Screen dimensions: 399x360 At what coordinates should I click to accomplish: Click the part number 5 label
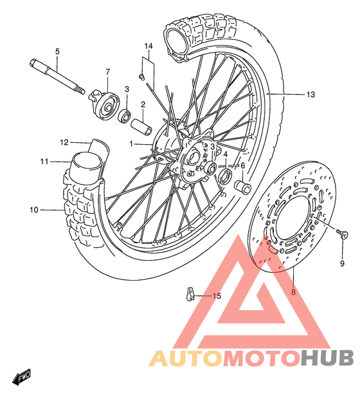tap(57, 51)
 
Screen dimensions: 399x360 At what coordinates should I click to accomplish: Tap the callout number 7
tap(107, 71)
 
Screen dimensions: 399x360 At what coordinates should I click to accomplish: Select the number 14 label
tap(148, 46)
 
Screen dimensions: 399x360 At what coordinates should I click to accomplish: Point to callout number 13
tap(310, 95)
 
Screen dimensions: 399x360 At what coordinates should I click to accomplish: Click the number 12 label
tap(64, 142)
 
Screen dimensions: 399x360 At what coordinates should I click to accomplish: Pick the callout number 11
tap(44, 161)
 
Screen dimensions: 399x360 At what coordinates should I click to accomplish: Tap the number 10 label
tap(33, 209)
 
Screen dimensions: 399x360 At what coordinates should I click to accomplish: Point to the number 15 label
tap(216, 296)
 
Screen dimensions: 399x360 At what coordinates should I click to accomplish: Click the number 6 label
tap(242, 165)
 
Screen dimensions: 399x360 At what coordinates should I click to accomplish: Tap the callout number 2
tap(143, 104)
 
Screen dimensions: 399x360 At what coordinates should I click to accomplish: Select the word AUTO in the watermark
tap(186, 358)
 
